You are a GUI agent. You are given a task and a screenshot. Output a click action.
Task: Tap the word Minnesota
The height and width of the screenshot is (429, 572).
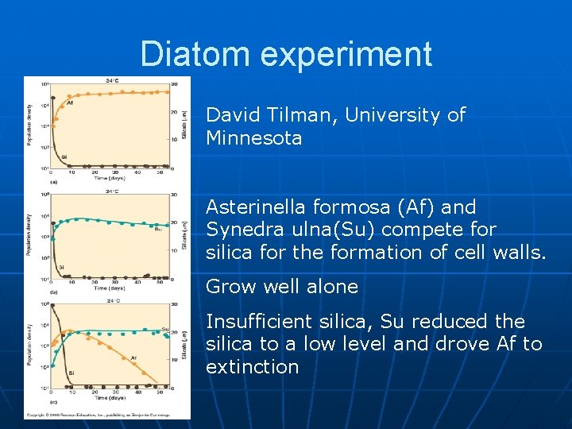point(254,138)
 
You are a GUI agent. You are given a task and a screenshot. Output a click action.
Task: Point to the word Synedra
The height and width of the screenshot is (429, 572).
point(243,230)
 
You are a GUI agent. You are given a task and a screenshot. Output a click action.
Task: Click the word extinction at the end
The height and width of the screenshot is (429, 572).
point(253,367)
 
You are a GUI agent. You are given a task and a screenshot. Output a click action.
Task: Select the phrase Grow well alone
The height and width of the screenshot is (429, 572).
point(282,287)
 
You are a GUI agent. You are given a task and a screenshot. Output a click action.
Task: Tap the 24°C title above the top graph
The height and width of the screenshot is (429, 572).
point(111,80)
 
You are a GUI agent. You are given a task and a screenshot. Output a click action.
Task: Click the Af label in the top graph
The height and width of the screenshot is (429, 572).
point(70,102)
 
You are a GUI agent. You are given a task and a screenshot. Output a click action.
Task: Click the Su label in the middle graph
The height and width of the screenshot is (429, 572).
point(157,229)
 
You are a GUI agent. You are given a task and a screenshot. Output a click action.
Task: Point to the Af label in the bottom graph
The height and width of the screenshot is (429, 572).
point(133,357)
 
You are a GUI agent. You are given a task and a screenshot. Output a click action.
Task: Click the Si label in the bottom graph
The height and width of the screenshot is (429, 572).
point(71,373)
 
